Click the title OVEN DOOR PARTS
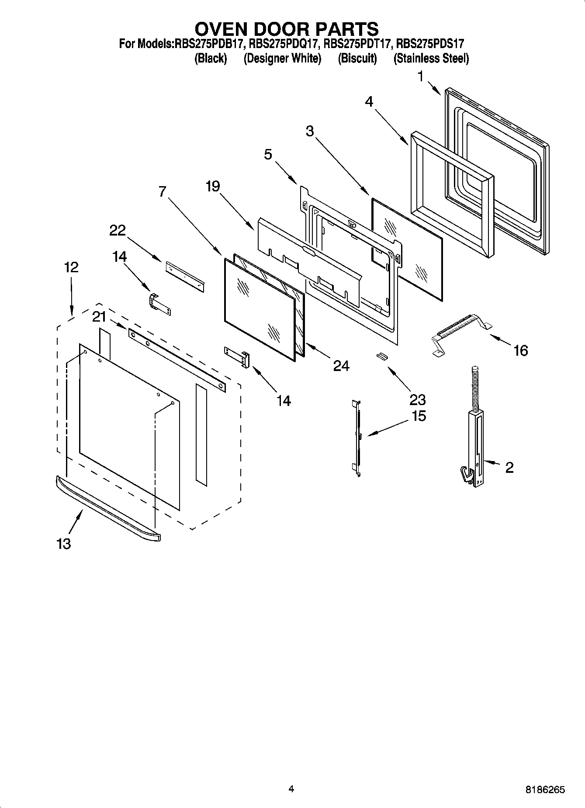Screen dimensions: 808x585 click(x=286, y=29)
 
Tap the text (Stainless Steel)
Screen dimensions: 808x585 click(x=431, y=58)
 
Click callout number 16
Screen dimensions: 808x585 click(x=520, y=350)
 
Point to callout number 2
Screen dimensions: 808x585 click(x=509, y=468)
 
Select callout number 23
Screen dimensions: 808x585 click(x=417, y=399)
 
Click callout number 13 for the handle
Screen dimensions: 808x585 click(x=63, y=544)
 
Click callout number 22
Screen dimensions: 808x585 click(x=117, y=230)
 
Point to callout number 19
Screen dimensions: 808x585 click(x=213, y=187)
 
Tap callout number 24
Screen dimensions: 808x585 click(x=341, y=366)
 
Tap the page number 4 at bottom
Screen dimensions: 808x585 click(x=291, y=789)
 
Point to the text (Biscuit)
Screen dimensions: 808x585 click(x=357, y=58)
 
